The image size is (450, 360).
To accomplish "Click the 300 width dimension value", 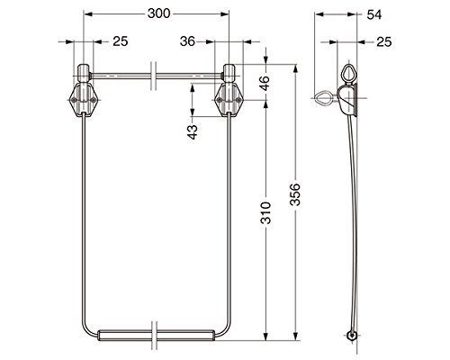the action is (158, 13).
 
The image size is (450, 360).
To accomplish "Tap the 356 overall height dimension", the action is (295, 194).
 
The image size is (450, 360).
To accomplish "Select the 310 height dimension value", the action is (265, 213).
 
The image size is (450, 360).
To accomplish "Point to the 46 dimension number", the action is (265, 83).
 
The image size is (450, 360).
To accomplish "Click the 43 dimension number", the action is (193, 132).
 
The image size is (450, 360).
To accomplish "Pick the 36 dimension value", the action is (187, 41).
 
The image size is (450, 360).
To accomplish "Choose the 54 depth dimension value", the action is (374, 14).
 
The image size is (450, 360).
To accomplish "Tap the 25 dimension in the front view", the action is (121, 41).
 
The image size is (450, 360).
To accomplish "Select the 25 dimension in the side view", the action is (384, 41).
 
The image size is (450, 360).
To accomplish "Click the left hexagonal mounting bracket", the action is (83, 100).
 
